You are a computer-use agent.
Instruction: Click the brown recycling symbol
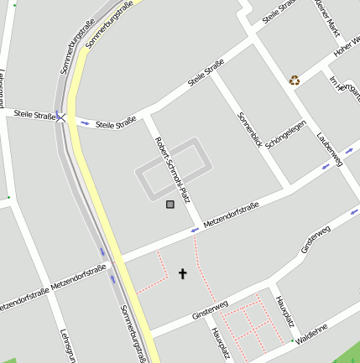click(x=295, y=80)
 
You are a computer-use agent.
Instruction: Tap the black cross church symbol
click(x=183, y=273)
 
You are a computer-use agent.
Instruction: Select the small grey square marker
click(x=170, y=204)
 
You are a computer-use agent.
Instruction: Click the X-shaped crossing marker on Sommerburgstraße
click(x=61, y=117)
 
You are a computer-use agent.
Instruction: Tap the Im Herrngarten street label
click(x=344, y=91)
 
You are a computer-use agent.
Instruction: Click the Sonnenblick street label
click(x=250, y=130)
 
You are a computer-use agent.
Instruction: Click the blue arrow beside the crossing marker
click(x=84, y=123)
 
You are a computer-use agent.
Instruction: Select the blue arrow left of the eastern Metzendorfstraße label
click(x=195, y=229)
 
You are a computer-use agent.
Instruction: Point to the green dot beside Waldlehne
click(x=291, y=341)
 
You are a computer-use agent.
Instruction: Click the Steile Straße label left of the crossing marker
click(x=33, y=117)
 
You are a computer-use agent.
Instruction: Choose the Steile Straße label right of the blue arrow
click(x=116, y=123)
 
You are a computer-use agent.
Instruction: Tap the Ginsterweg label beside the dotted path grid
click(x=210, y=310)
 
